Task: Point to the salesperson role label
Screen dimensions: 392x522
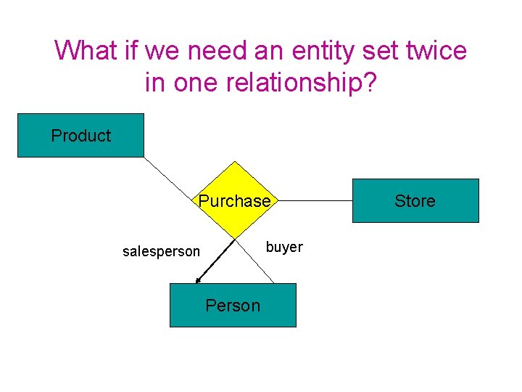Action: [x=161, y=252]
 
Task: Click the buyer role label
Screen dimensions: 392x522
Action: [x=284, y=247]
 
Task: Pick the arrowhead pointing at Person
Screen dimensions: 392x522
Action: [x=198, y=281]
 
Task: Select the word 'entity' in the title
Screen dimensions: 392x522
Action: [x=329, y=51]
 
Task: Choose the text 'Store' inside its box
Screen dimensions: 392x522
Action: [x=415, y=201]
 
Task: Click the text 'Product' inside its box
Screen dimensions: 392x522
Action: [x=80, y=136]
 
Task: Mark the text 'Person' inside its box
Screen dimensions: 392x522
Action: [x=233, y=306]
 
